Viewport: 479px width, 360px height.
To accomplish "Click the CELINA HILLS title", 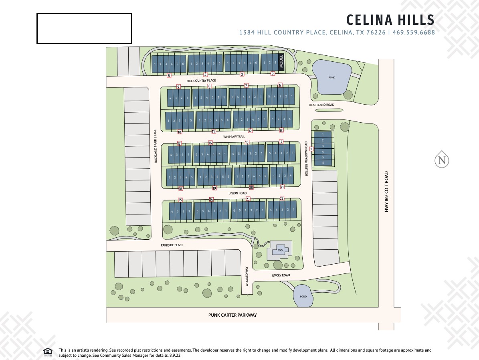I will click(x=390, y=20).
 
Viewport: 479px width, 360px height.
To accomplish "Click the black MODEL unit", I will click(x=281, y=63).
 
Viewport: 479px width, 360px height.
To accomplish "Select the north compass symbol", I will click(x=442, y=160).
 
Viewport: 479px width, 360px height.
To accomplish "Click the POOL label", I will click(x=280, y=250).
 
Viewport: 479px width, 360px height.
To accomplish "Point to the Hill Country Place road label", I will click(x=201, y=81).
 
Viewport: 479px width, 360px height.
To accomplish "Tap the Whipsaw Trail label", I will click(x=234, y=137).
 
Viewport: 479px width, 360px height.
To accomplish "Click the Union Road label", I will click(x=238, y=193).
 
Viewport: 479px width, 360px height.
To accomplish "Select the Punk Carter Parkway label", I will click(x=232, y=315).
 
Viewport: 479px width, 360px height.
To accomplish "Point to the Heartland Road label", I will click(x=321, y=105).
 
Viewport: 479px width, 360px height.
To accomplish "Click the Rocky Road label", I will click(x=281, y=275).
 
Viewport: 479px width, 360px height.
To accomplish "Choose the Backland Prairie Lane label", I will click(x=156, y=145).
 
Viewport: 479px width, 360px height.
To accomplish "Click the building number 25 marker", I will click(x=180, y=200).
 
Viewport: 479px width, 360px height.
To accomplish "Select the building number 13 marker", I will click(x=281, y=130).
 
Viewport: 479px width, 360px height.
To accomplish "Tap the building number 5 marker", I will click(x=169, y=75).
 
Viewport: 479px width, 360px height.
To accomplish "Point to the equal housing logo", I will click(x=48, y=352).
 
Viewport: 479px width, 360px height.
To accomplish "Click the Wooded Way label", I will click(x=247, y=276).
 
